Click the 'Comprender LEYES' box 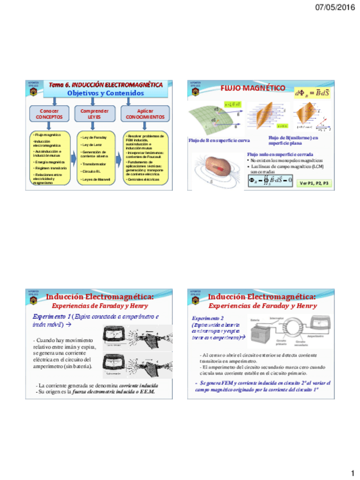[95, 114]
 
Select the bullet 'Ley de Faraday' [93, 138]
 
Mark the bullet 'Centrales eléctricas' [144, 179]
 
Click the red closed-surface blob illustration [220, 169]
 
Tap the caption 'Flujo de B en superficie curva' [219, 140]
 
